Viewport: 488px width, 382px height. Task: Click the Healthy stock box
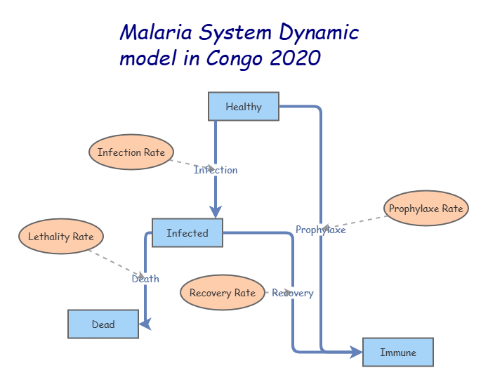click(x=244, y=107)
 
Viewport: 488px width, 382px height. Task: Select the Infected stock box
click(x=187, y=233)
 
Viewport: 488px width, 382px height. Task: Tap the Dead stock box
click(x=103, y=324)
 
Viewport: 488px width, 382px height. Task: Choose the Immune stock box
click(x=398, y=353)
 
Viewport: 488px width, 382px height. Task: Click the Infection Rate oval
click(x=131, y=152)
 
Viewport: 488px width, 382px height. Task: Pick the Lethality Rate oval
click(x=61, y=237)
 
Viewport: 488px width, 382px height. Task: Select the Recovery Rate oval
click(x=223, y=293)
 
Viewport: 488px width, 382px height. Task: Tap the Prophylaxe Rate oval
click(x=426, y=209)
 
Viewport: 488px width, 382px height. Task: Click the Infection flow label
click(x=216, y=170)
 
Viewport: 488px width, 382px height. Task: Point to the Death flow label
click(x=145, y=279)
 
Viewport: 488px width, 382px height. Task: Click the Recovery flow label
click(x=293, y=293)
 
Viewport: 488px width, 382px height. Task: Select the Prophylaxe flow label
click(x=321, y=230)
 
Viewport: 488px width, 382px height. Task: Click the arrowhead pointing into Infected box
click(x=216, y=212)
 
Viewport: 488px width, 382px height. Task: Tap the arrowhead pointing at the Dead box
click(x=145, y=324)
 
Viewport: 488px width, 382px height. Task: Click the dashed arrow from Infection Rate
click(x=190, y=164)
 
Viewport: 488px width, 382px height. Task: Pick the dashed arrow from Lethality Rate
click(x=116, y=263)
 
